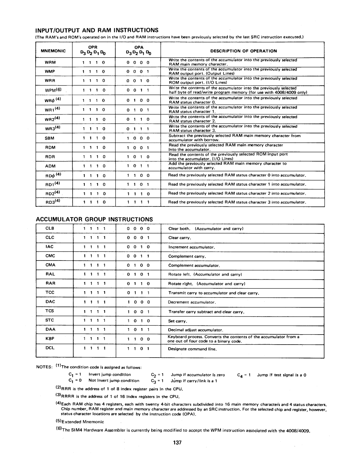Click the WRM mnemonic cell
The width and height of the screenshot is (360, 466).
pyautogui.click(x=51, y=62)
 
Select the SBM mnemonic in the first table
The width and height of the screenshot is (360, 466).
pyautogui.click(x=51, y=138)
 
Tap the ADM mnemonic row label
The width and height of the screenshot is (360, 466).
pyautogui.click(x=51, y=166)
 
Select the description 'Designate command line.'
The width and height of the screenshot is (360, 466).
pyautogui.click(x=193, y=349)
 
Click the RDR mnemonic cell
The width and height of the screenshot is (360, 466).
pyautogui.click(x=51, y=157)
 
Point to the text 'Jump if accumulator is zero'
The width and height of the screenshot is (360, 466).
pyautogui.click(x=198, y=375)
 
